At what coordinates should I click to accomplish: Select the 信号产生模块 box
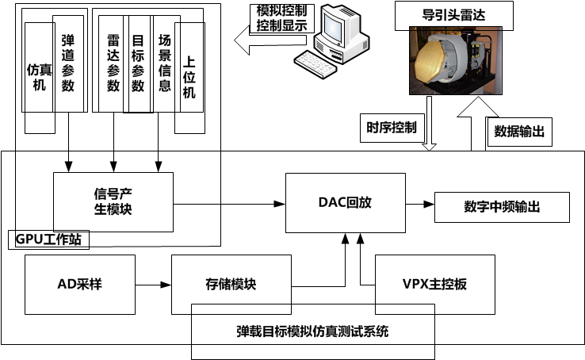(113, 202)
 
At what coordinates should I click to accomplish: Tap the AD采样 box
(79, 284)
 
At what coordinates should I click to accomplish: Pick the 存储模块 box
(230, 284)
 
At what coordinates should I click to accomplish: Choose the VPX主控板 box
(434, 284)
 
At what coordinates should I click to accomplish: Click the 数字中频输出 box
(502, 207)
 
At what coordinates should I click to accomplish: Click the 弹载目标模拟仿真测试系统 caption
(313, 331)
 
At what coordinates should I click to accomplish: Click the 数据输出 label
(519, 131)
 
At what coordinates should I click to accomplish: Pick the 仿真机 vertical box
(39, 77)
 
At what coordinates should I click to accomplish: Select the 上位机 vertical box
(189, 77)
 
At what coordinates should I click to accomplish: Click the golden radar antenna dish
(433, 61)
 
